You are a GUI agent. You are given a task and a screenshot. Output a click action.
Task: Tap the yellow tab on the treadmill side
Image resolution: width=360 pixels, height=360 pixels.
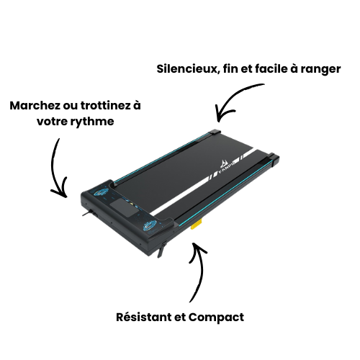tap(195, 225)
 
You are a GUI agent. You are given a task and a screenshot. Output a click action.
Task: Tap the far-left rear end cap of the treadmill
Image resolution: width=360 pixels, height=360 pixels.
tap(216, 134)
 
